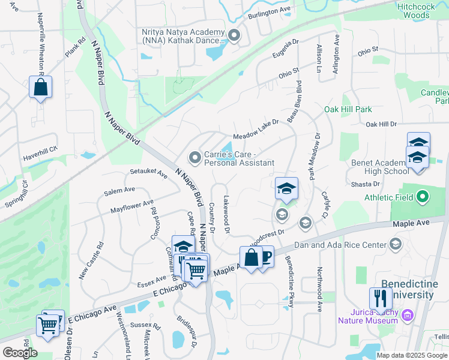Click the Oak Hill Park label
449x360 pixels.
(348, 109)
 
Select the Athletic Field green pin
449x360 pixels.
(422, 197)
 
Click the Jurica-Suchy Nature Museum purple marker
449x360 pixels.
(408, 314)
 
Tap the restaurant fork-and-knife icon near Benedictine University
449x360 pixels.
(380, 299)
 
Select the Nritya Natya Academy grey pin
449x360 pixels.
(234, 36)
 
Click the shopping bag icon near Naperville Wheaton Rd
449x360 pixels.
(40, 87)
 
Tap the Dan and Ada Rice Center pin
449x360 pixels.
(395, 244)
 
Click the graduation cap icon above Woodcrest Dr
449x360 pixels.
(286, 188)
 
